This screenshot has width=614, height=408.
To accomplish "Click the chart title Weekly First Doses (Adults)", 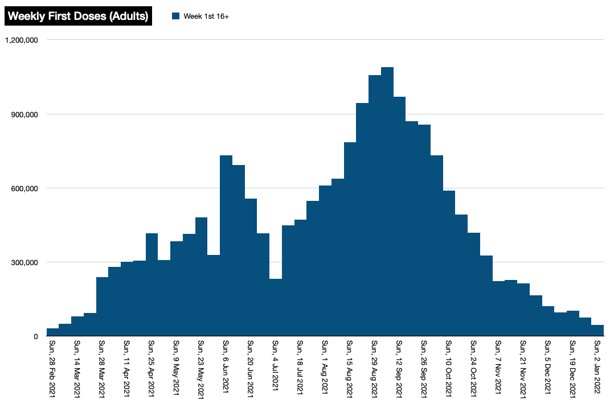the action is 78,16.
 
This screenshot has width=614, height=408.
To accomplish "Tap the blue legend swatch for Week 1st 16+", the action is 176,16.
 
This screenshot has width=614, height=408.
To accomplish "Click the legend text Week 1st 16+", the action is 206,17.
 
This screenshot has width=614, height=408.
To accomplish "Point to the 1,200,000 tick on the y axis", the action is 22,40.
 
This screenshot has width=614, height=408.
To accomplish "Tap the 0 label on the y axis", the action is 36,336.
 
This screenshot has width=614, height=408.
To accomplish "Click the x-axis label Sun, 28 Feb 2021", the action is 52,369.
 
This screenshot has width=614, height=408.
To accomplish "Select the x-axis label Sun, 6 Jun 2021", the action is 226,366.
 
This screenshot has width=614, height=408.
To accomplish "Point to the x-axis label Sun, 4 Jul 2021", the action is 275,365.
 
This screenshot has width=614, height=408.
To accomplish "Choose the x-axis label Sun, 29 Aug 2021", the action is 374,369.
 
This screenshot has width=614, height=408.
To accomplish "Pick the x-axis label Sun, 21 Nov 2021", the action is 523,369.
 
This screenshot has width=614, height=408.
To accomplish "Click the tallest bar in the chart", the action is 387,201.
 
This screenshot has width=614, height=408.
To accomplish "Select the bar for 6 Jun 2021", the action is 226,246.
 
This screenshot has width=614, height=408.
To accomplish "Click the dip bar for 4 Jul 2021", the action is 276,307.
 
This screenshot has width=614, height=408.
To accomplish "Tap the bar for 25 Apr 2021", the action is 152,285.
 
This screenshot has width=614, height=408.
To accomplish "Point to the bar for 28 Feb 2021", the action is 53,332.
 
